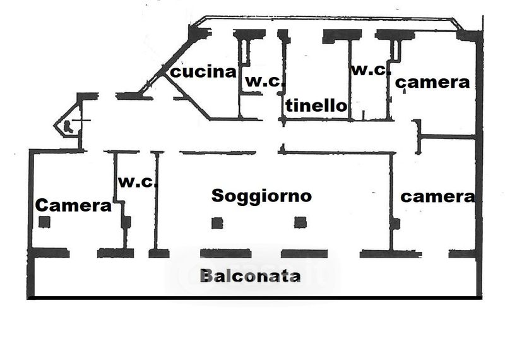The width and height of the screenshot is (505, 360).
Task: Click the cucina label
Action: [x=204, y=72]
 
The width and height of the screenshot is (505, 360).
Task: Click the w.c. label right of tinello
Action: [x=371, y=70]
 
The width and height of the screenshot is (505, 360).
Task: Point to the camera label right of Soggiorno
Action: [x=437, y=196]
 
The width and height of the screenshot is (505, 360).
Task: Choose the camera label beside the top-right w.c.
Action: [x=432, y=82]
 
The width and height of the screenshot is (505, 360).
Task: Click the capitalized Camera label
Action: [x=73, y=205]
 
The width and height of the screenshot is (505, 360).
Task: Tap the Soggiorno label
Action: [x=261, y=195]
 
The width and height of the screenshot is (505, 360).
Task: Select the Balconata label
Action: [x=250, y=276]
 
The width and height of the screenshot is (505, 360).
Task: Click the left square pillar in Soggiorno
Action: [x=217, y=222]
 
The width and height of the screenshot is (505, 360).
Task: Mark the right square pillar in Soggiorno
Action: [x=300, y=222]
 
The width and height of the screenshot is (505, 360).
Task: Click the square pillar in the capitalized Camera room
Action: [x=44, y=222]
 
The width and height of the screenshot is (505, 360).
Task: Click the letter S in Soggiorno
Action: [x=218, y=195]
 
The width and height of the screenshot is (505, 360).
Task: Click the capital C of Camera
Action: [x=42, y=205]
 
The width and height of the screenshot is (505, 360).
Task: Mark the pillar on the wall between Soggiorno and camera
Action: [x=395, y=223]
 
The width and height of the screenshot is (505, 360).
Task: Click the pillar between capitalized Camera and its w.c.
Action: [x=126, y=222]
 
